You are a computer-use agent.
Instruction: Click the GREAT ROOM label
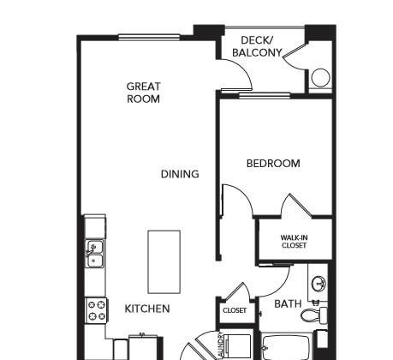click(143, 93)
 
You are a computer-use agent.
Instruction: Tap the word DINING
click(180, 174)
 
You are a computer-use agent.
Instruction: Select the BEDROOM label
click(273, 164)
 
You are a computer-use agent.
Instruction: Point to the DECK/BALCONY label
click(257, 46)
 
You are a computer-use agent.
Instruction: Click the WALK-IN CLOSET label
click(294, 242)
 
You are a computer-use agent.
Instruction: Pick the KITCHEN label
click(147, 309)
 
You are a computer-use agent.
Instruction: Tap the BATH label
click(288, 303)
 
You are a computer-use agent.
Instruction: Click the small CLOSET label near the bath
click(235, 310)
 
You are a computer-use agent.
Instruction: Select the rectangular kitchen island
click(164, 262)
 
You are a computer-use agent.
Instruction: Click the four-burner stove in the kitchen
click(96, 310)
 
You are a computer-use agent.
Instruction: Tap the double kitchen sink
click(95, 254)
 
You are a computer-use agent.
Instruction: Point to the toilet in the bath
click(314, 315)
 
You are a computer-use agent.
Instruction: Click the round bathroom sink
click(319, 284)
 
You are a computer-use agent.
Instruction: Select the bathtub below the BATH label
click(287, 346)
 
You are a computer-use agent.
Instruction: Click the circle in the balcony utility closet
click(320, 77)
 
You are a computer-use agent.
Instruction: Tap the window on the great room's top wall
click(149, 37)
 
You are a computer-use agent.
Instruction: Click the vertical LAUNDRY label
click(220, 345)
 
